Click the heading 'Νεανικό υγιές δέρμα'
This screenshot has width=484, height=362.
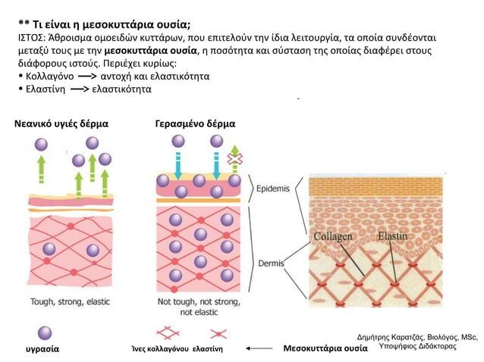(61, 124)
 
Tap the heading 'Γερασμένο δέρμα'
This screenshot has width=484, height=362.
(195, 124)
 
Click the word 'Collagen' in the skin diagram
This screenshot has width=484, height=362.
(333, 236)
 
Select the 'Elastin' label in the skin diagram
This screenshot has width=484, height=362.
(393, 236)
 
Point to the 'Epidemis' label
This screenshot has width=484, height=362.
(273, 189)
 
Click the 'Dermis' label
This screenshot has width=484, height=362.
(271, 264)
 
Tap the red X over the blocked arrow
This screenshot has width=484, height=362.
(235, 159)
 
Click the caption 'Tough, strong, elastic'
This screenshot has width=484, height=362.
(70, 301)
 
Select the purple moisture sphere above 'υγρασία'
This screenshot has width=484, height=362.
(45, 333)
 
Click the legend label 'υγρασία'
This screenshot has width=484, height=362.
(42, 349)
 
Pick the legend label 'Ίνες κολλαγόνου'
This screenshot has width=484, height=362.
(160, 349)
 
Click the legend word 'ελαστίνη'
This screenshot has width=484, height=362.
(207, 349)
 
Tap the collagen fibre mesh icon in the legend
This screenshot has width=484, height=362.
(168, 333)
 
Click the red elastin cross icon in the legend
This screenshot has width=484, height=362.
(218, 334)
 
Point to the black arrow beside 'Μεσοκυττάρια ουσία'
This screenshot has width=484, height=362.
(259, 348)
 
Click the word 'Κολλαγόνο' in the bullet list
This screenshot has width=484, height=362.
(50, 76)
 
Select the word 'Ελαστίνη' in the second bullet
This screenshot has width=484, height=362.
(46, 89)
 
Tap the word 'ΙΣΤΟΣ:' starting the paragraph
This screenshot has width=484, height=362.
(32, 38)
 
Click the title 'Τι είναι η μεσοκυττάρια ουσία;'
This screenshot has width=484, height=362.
(112, 24)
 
